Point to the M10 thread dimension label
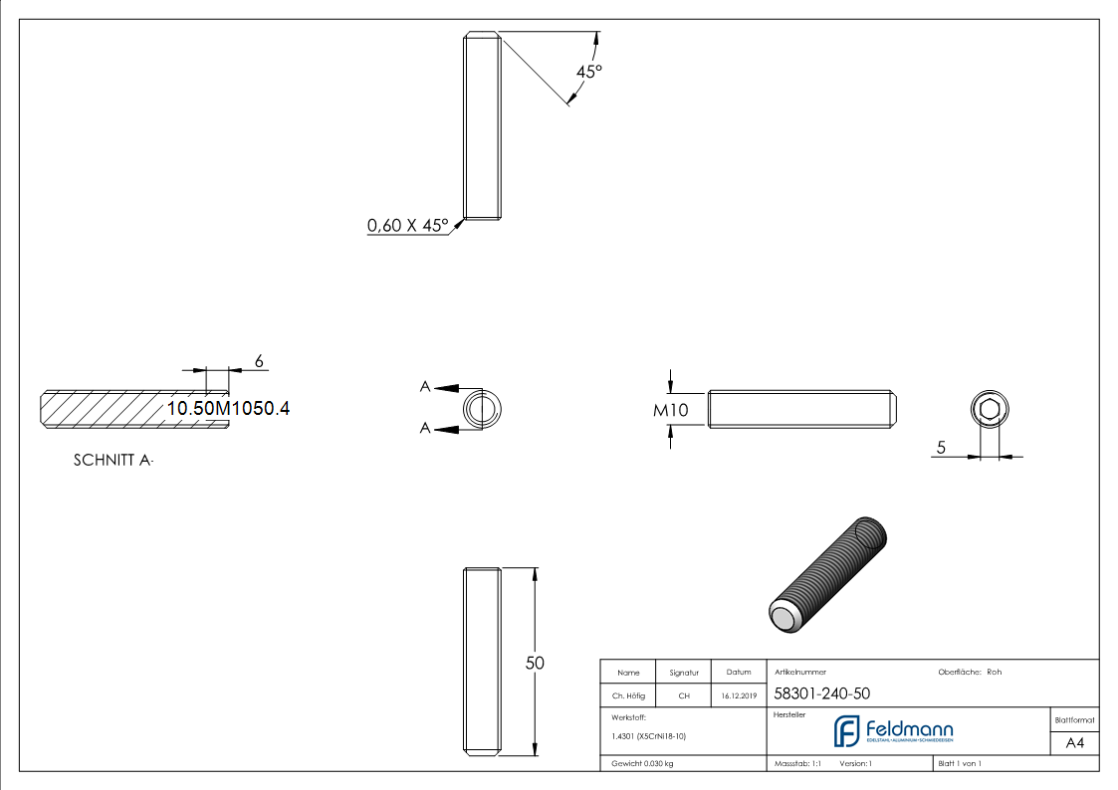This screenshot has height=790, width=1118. click(x=671, y=410)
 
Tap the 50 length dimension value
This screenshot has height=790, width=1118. click(x=535, y=664)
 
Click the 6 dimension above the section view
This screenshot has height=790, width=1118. click(x=259, y=362)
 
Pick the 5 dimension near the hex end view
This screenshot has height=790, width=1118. click(x=941, y=448)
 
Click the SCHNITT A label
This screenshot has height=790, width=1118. click(x=113, y=461)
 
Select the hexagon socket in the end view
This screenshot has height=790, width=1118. click(x=989, y=410)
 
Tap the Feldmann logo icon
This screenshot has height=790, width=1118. click(x=846, y=731)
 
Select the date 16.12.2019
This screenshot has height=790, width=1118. click(x=739, y=695)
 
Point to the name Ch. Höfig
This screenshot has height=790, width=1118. click(x=628, y=695)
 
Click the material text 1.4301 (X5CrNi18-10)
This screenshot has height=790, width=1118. click(x=648, y=736)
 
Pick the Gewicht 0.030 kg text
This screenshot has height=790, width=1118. click(x=642, y=763)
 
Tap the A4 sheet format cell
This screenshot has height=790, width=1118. click(x=1074, y=743)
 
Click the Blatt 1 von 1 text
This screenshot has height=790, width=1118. click(x=960, y=763)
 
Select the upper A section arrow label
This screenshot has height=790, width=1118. click(x=425, y=387)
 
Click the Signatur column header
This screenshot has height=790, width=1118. click(x=684, y=673)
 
